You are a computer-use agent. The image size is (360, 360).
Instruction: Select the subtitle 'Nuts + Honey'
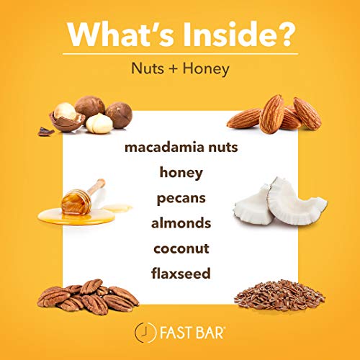[180, 70]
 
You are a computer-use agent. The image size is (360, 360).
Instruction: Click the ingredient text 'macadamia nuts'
[180, 148]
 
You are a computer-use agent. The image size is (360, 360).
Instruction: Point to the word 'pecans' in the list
[180, 197]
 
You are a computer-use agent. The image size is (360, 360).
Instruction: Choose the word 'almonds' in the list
[180, 222]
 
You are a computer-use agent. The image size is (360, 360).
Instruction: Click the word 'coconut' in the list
[180, 248]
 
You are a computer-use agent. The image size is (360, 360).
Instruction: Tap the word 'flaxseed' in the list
[180, 273]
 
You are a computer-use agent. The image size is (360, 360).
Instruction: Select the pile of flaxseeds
[279, 294]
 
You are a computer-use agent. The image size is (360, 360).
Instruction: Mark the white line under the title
[180, 53]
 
